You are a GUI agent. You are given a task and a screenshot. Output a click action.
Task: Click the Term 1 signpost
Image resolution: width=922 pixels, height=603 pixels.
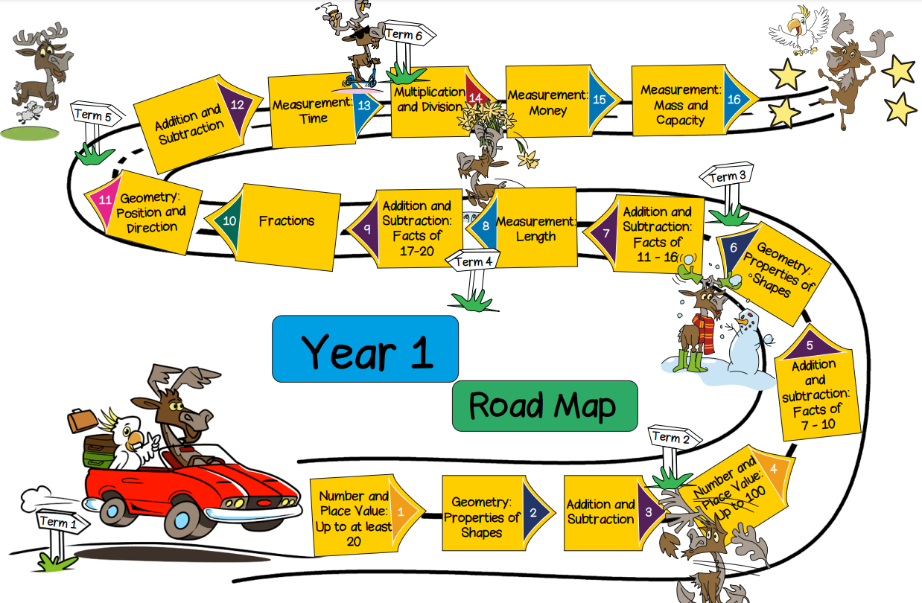click(58, 523)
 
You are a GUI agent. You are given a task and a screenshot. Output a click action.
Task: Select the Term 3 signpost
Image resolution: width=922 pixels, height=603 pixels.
click(727, 178)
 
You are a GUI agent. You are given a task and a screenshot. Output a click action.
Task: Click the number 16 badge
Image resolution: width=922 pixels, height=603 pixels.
click(734, 100)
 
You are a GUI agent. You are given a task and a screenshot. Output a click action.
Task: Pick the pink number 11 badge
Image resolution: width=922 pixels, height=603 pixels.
click(105, 200)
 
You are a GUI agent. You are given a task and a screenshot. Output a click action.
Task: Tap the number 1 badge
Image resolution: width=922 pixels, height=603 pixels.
click(401, 511)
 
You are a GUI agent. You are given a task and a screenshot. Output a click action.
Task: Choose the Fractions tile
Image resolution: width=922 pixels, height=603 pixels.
click(287, 221)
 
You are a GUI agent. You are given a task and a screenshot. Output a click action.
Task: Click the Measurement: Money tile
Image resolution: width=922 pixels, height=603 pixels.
click(547, 103)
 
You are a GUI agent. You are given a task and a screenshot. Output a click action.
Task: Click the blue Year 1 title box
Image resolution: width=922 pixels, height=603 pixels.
click(365, 349)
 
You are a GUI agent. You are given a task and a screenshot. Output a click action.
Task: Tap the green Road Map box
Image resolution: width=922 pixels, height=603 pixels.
click(544, 406)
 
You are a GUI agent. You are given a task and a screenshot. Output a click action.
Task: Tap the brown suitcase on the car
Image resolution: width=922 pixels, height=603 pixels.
click(81, 421)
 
